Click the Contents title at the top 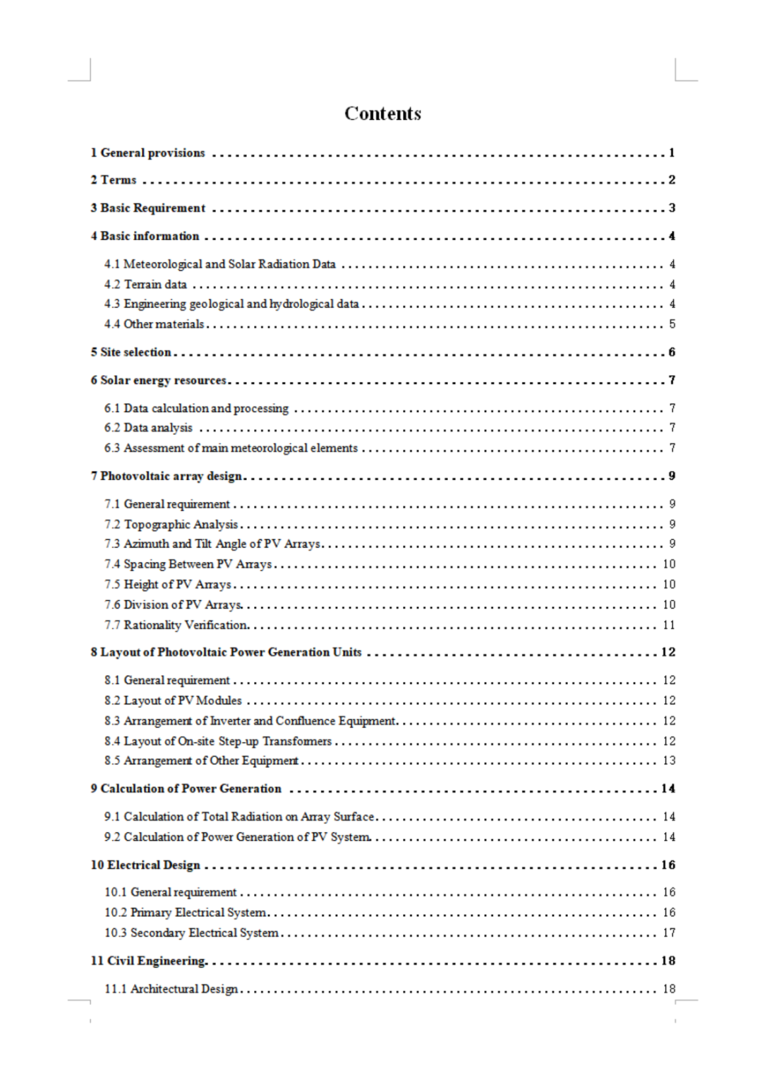coord(382,114)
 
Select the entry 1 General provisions coord(147,152)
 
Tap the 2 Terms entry coord(113,180)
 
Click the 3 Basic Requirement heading coord(147,208)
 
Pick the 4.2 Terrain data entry coord(145,284)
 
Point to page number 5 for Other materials coord(672,324)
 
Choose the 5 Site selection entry coord(131,352)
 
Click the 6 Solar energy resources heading coord(158,380)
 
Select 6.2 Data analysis coord(148,428)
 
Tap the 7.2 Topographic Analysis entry coord(171,524)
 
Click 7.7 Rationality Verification coord(176,625)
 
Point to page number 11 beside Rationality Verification coord(669,625)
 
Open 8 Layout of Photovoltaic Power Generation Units coord(226,652)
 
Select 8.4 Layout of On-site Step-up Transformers coord(218,741)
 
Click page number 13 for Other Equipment coord(669,761)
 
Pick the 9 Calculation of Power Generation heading coord(186,788)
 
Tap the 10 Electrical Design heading coord(145,865)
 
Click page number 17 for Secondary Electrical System coord(669,933)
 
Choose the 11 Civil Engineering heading coord(148,961)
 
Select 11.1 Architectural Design coord(171,989)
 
